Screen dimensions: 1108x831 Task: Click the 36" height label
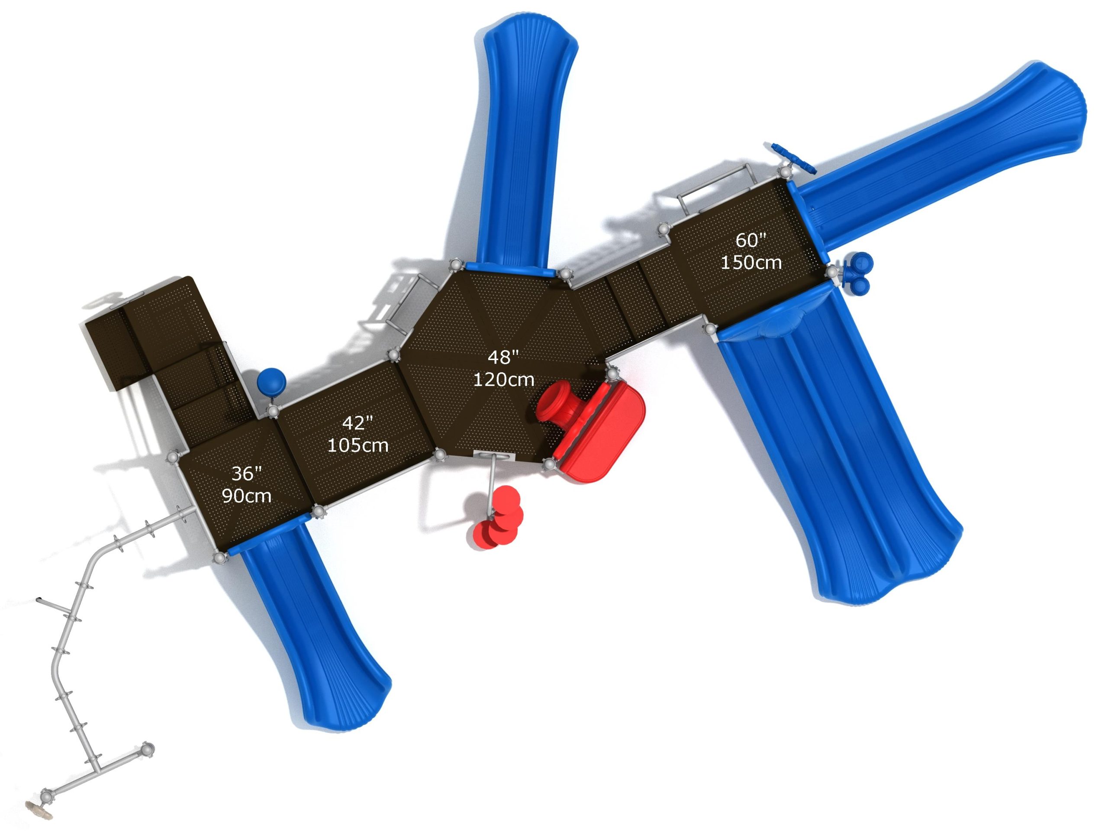coord(246,473)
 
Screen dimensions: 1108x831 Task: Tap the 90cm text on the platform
coord(246,496)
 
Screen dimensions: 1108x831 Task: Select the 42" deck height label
coord(358,423)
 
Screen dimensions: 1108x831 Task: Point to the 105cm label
coord(358,445)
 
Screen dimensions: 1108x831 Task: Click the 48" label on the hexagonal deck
coord(503,358)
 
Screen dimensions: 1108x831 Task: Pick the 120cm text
coord(503,380)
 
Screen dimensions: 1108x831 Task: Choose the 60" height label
coord(751,241)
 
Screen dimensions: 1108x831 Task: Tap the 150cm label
coord(751,262)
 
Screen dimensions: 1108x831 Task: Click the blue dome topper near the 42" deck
coord(271,382)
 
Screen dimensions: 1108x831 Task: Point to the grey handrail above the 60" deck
coord(716,186)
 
